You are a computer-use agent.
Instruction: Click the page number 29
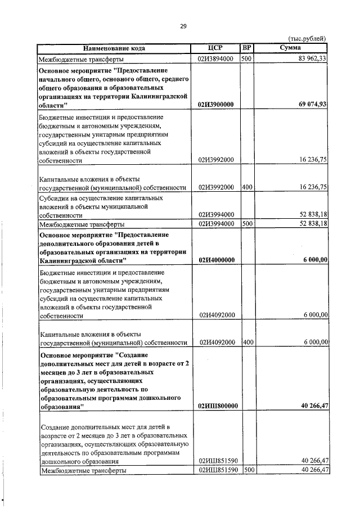[x=183, y=25]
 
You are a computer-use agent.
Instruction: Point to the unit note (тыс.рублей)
[x=307, y=38]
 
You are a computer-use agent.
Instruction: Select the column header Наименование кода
[x=114, y=48]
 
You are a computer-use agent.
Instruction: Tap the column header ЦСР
[x=215, y=48]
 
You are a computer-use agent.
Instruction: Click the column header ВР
[x=246, y=48]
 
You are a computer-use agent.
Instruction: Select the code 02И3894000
[x=215, y=58]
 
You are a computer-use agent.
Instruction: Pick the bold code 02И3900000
[x=216, y=105]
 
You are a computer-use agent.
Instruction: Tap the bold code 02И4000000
[x=216, y=259]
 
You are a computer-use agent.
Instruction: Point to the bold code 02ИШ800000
[x=216, y=406]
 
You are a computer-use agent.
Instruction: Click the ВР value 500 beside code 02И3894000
[x=246, y=58]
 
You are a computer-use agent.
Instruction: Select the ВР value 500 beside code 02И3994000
[x=246, y=224]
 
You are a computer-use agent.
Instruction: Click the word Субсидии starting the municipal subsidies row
[x=54, y=199]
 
